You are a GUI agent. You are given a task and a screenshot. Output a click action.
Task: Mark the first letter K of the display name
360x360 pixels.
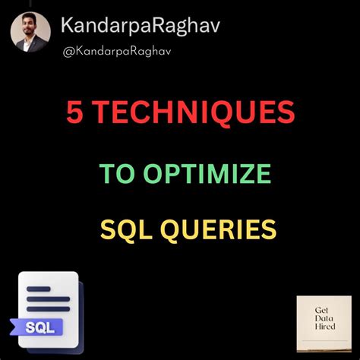coord(69,29)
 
